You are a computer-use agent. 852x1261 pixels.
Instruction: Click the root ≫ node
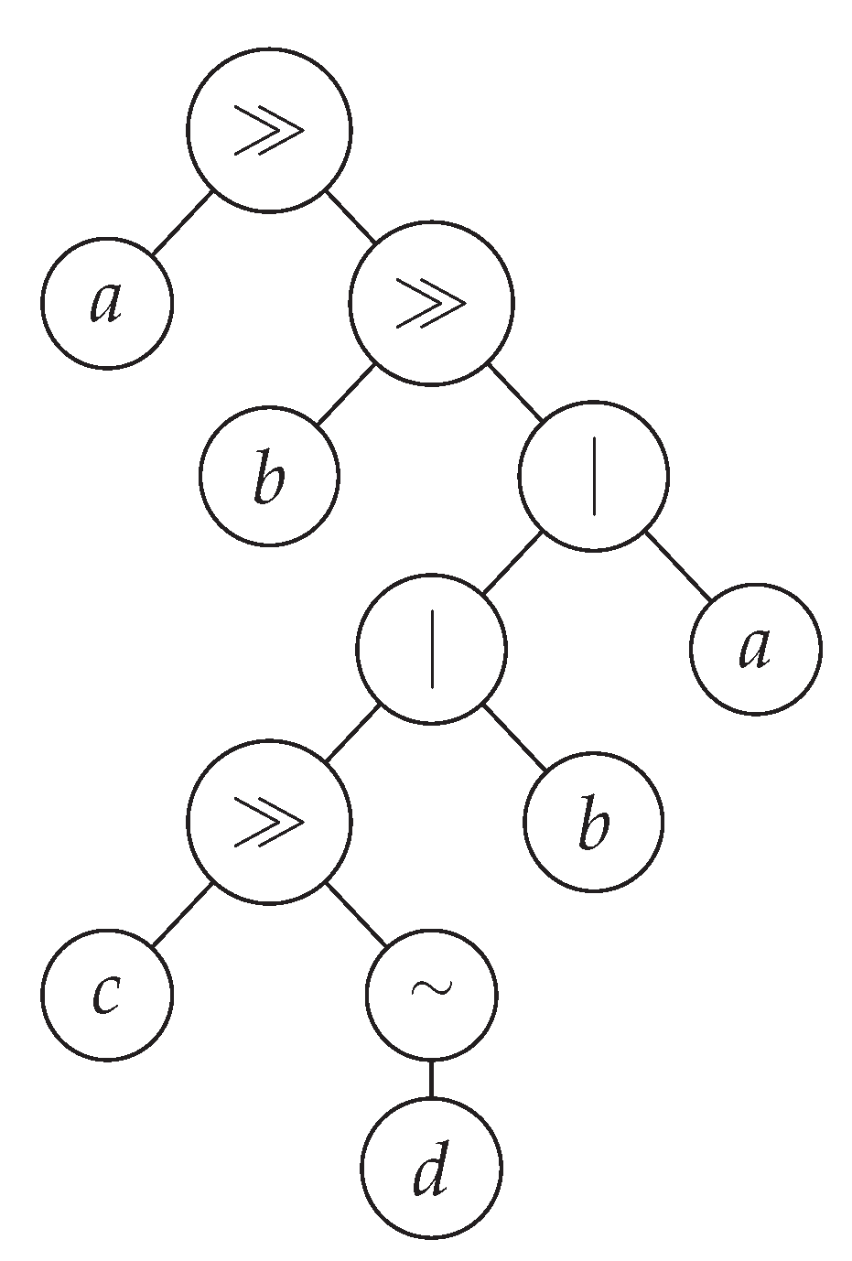pos(269,131)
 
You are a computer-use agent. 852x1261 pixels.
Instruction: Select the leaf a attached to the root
pos(107,303)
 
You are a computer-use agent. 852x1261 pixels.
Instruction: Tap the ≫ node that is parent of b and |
pos(431,303)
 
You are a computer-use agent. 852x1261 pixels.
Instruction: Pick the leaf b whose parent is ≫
pos(269,476)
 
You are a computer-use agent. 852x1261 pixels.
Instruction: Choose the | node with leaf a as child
pos(593,476)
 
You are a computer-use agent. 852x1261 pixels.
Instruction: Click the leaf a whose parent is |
pos(755,649)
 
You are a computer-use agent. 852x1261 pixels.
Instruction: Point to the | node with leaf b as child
pos(431,649)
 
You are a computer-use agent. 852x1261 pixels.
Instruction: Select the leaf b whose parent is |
pos(593,821)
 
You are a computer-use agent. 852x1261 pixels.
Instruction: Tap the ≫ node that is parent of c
pos(269,821)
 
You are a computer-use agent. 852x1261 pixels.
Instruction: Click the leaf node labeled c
pos(107,994)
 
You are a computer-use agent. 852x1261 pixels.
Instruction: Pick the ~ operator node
pos(431,994)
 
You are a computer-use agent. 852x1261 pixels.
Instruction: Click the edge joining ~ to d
pos(431,1080)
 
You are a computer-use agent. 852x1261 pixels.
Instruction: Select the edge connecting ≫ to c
pos(182,914)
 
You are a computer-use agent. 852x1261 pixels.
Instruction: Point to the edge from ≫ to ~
pos(356,914)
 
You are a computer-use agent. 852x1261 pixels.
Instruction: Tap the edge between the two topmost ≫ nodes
pos(350,217)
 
